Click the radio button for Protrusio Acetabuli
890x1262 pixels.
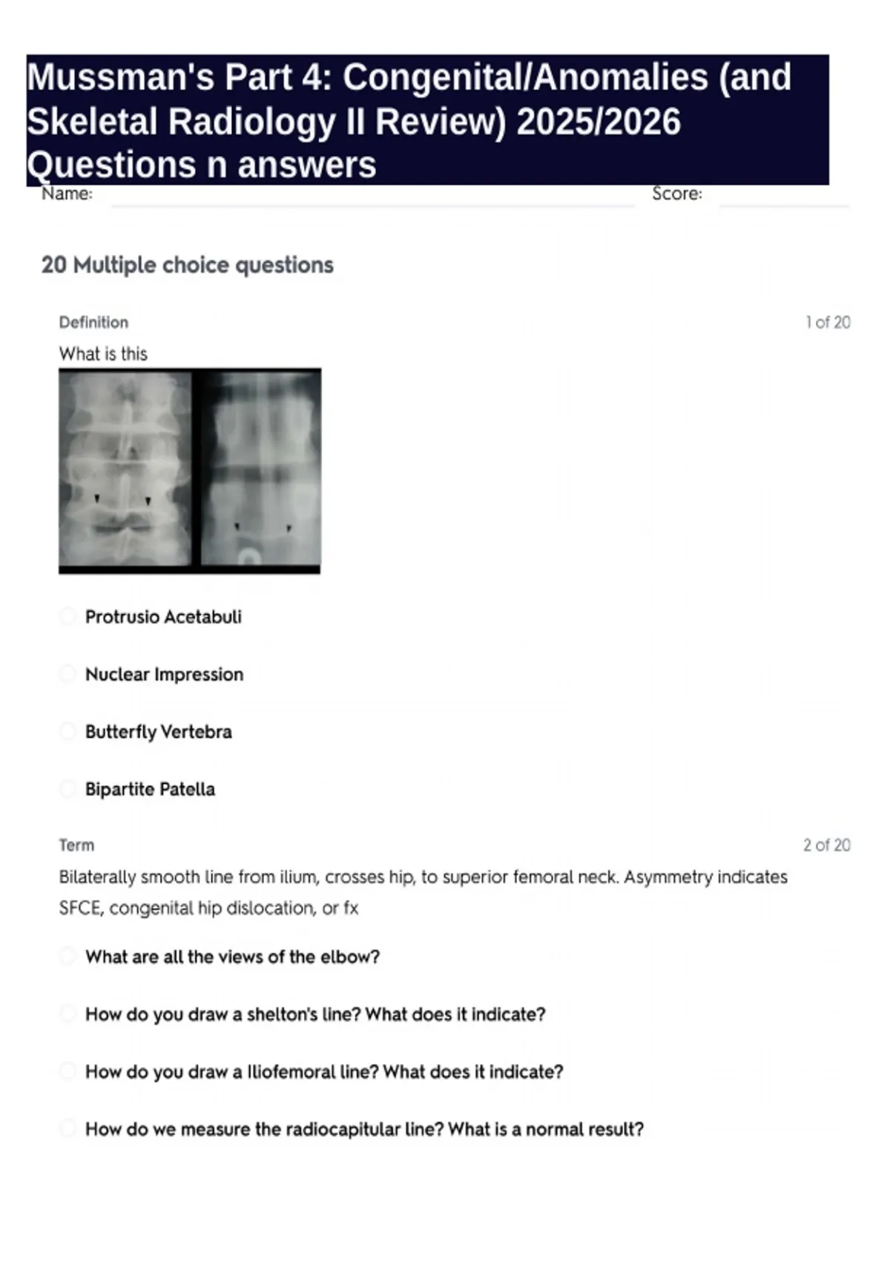point(67,616)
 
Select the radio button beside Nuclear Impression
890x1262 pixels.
point(67,674)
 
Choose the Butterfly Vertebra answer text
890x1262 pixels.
point(158,732)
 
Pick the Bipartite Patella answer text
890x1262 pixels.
point(150,789)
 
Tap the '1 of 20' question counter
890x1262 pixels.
point(827,322)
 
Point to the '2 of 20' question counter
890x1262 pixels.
point(826,845)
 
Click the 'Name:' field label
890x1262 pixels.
point(67,194)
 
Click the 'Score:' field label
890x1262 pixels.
point(676,194)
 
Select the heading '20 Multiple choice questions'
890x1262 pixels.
point(187,265)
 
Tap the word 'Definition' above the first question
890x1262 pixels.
point(93,322)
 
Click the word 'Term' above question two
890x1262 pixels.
point(76,845)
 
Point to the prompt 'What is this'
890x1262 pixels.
point(103,354)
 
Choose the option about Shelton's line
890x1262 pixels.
point(315,1014)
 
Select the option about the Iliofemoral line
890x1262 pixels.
point(324,1072)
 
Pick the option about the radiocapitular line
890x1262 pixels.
point(364,1129)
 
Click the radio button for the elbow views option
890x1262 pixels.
point(67,956)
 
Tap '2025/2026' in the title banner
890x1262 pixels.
point(598,122)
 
